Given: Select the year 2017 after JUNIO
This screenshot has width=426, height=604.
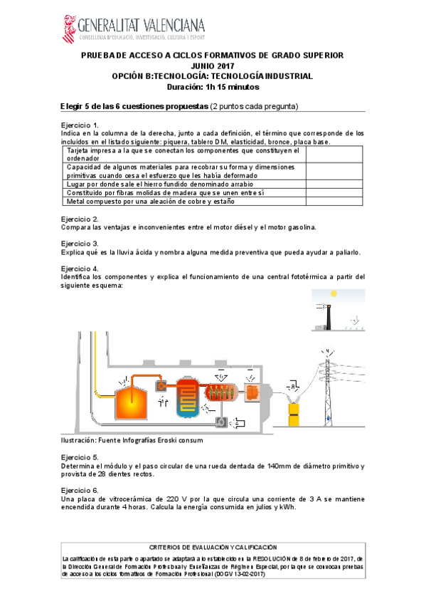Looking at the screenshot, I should coord(226,66).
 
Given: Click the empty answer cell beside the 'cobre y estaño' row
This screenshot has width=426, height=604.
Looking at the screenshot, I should coord(334,202).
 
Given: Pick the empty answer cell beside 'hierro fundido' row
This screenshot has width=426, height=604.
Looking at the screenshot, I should coord(334,184).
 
